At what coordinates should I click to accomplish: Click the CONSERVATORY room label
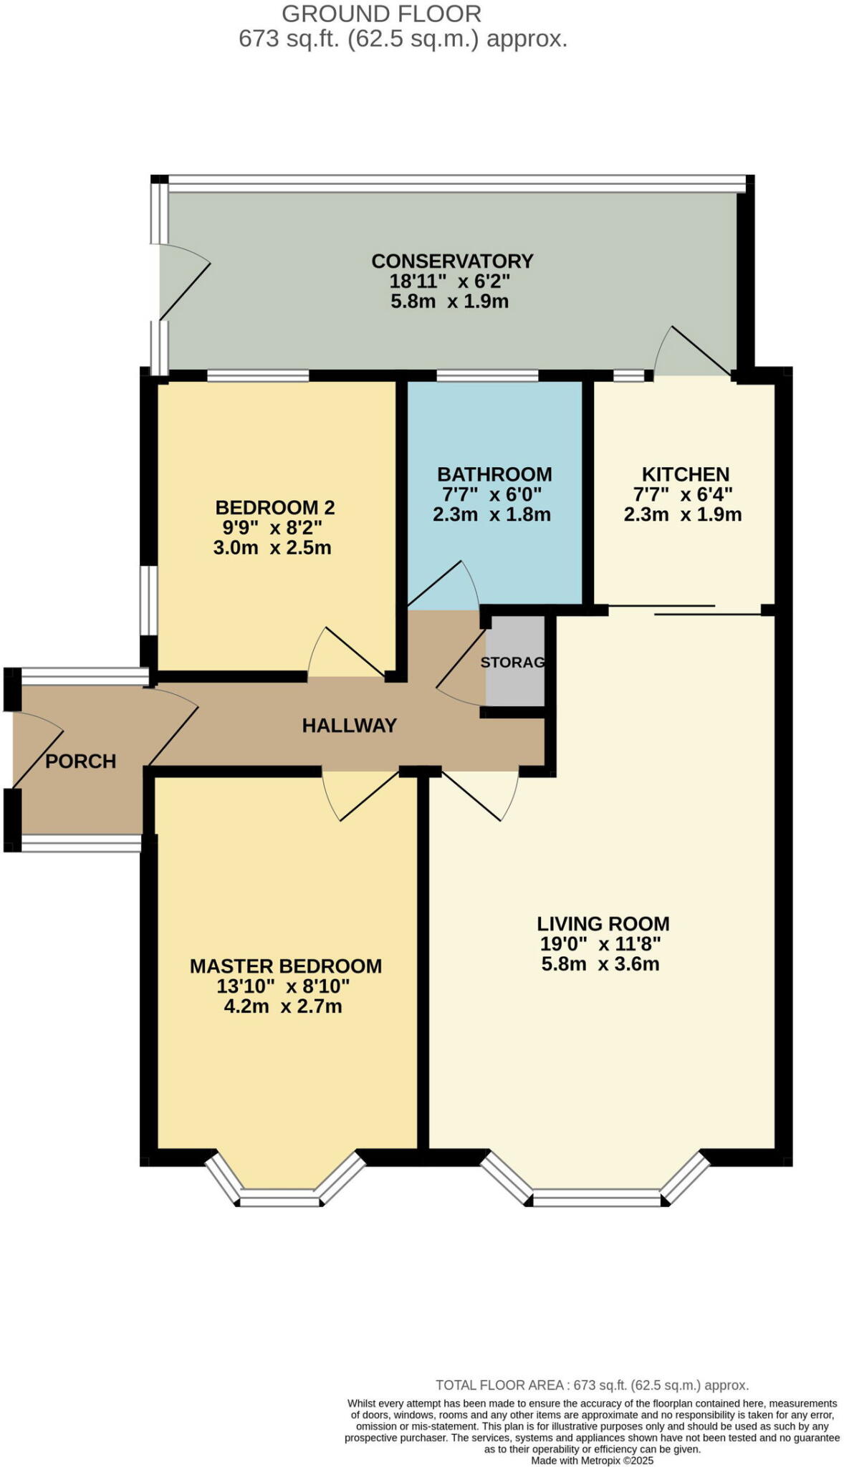click(x=452, y=261)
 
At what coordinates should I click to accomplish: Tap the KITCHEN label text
click(x=686, y=474)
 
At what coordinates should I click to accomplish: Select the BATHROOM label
click(x=494, y=474)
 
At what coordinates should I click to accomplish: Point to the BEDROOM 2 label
click(x=275, y=508)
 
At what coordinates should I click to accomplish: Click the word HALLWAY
click(x=350, y=726)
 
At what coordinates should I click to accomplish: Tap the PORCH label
click(x=81, y=761)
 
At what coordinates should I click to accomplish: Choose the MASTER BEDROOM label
click(x=286, y=966)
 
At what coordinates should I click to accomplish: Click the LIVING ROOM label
click(x=603, y=924)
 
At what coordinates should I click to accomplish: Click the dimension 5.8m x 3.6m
click(x=600, y=964)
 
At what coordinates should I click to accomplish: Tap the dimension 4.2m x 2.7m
click(x=283, y=1006)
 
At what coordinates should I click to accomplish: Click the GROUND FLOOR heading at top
click(x=381, y=14)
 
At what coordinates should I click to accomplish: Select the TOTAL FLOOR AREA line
click(x=592, y=1385)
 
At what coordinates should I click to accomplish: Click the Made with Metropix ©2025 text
click(x=592, y=1461)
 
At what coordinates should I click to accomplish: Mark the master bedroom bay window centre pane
click(x=279, y=1198)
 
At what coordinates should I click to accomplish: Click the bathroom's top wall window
click(x=487, y=375)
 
